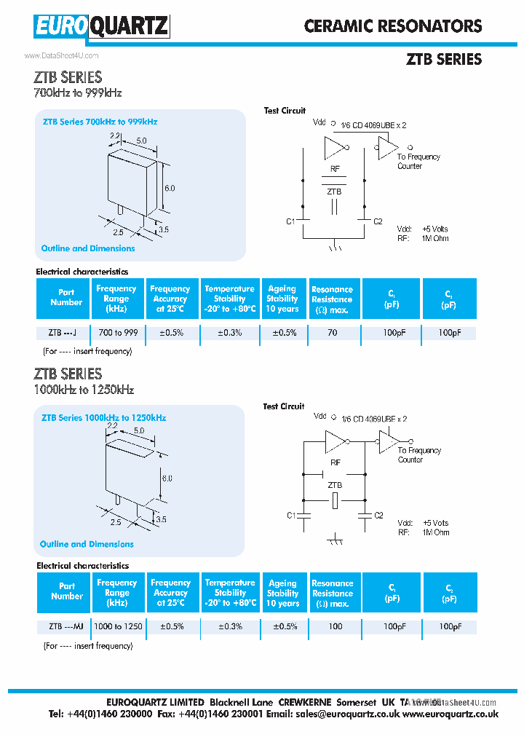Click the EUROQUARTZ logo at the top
(x=101, y=27)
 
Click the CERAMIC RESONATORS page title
(x=393, y=26)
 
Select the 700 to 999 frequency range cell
(x=116, y=333)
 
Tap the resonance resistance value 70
(x=332, y=333)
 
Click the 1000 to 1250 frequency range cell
(x=118, y=626)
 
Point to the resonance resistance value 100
(x=335, y=626)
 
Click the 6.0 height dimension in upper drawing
(x=170, y=188)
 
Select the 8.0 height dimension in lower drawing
(x=167, y=478)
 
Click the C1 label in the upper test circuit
(x=290, y=221)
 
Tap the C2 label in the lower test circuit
(x=378, y=516)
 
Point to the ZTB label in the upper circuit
(x=334, y=192)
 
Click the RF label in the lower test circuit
(x=335, y=462)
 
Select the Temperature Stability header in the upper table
(x=229, y=299)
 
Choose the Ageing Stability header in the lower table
(x=282, y=593)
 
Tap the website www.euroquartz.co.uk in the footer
(x=450, y=714)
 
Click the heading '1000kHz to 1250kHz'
(x=84, y=390)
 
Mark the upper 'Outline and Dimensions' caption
(x=88, y=248)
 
